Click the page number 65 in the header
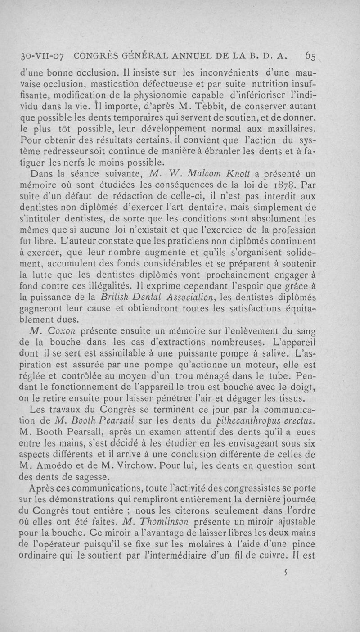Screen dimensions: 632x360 click(310, 56)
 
